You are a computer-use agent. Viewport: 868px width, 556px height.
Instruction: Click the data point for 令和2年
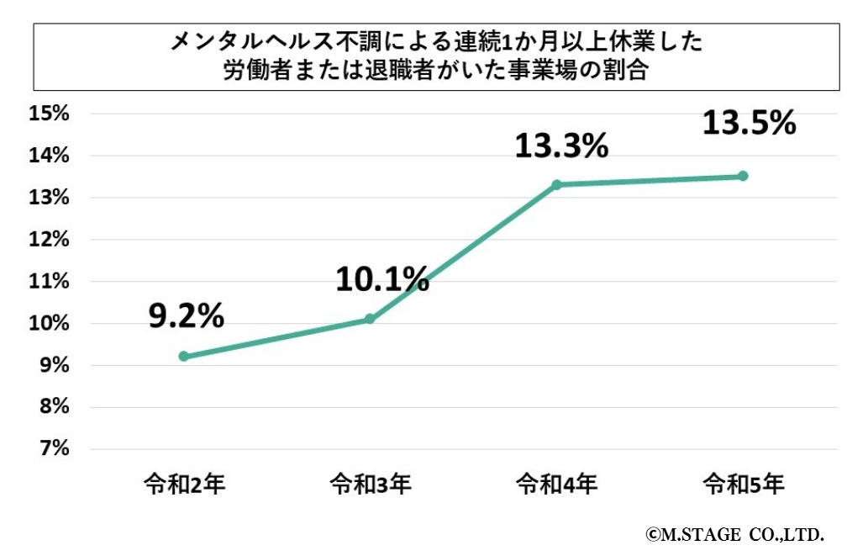click(183, 357)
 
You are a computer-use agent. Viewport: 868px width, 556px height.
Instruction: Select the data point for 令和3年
click(370, 319)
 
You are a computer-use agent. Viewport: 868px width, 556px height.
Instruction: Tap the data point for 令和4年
click(556, 184)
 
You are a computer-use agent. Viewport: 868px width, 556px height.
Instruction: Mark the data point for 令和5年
click(743, 176)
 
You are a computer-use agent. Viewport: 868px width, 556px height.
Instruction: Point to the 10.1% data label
click(381, 280)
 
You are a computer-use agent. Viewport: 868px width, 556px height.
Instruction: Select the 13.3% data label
click(560, 147)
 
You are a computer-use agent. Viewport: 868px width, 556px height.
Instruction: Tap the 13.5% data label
click(748, 124)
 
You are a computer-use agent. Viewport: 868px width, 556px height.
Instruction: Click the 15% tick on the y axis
click(49, 114)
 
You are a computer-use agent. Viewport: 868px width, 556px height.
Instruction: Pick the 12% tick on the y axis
click(49, 240)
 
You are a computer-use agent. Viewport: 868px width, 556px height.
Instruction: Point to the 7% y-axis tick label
click(52, 449)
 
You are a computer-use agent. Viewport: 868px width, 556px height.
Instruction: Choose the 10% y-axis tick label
click(49, 324)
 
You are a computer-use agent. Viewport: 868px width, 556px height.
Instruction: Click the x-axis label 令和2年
click(184, 485)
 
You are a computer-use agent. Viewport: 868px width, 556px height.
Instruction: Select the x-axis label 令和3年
click(371, 485)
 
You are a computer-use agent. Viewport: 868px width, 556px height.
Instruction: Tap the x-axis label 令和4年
click(557, 485)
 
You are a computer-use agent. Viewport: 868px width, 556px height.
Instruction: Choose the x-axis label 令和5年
click(744, 485)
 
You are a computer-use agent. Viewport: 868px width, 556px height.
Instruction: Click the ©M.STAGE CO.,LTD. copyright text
click(734, 534)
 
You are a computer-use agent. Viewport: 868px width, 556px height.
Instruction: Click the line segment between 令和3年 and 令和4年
click(463, 252)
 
